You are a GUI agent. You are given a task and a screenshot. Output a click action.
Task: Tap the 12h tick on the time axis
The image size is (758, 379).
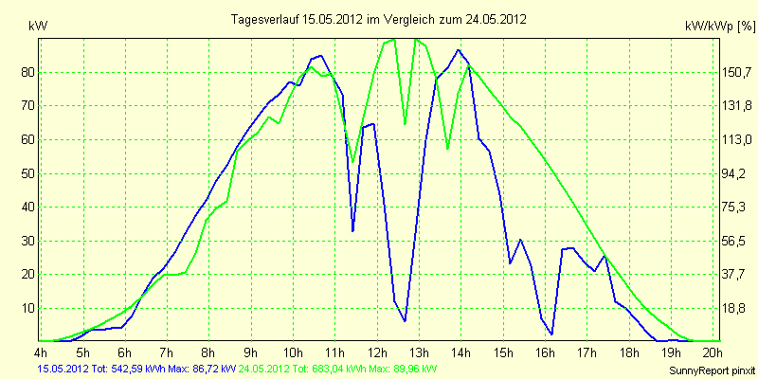377,352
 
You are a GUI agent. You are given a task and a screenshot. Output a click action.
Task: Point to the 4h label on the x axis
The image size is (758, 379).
41,352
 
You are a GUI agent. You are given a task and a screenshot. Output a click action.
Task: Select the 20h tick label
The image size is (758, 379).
713,352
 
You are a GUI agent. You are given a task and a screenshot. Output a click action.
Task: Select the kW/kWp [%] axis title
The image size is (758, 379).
720,27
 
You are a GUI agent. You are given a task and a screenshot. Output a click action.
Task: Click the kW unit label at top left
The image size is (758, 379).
38,27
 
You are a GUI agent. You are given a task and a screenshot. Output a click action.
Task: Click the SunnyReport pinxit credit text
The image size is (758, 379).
712,370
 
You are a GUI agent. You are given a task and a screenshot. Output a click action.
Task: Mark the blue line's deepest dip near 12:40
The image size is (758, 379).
405,321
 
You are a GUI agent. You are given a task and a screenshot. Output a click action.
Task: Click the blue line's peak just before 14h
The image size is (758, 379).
458,50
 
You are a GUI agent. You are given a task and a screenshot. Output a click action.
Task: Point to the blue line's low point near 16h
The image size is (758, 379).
551,334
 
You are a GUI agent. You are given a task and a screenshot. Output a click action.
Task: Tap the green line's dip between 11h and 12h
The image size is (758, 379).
352,162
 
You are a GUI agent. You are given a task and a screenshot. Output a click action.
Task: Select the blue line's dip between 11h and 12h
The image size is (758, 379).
352,231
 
